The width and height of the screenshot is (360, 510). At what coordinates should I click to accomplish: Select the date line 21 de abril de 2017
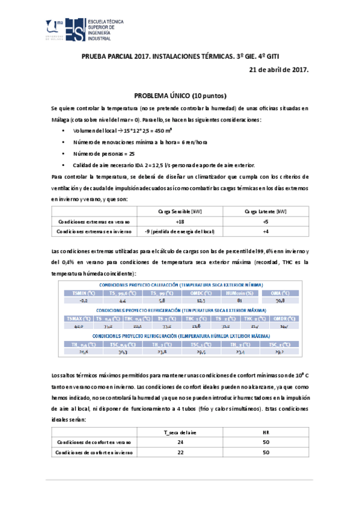278,70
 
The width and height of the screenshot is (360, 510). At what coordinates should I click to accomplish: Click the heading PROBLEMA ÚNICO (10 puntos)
180,96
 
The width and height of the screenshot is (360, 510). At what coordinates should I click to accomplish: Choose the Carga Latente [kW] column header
265,211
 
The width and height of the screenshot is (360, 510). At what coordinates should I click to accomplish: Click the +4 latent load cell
265,232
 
